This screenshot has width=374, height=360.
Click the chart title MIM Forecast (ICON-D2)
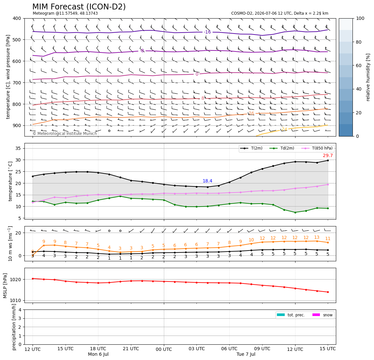click(x=79, y=7)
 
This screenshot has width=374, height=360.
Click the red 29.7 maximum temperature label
click(x=328, y=155)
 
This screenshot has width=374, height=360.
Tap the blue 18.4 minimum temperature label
click(x=207, y=181)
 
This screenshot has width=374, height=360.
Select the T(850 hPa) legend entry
click(x=317, y=148)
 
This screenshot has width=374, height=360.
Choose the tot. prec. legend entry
click(x=291, y=315)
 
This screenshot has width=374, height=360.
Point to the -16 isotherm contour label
click(x=208, y=32)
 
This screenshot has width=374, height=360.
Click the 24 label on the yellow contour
click(x=284, y=129)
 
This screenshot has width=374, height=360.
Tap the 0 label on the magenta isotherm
click(x=197, y=74)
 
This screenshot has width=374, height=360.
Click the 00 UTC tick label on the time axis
click(x=164, y=349)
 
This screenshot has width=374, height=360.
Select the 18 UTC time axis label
click(x=98, y=349)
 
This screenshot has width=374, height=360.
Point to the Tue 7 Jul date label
click(x=246, y=354)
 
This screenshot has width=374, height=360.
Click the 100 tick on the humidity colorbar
click(x=360, y=18)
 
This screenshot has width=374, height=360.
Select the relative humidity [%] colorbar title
click(x=368, y=77)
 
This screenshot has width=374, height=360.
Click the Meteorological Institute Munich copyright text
click(x=65, y=133)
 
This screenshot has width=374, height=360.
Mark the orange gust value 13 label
click(x=317, y=238)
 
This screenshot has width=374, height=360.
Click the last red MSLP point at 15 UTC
click(x=328, y=292)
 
